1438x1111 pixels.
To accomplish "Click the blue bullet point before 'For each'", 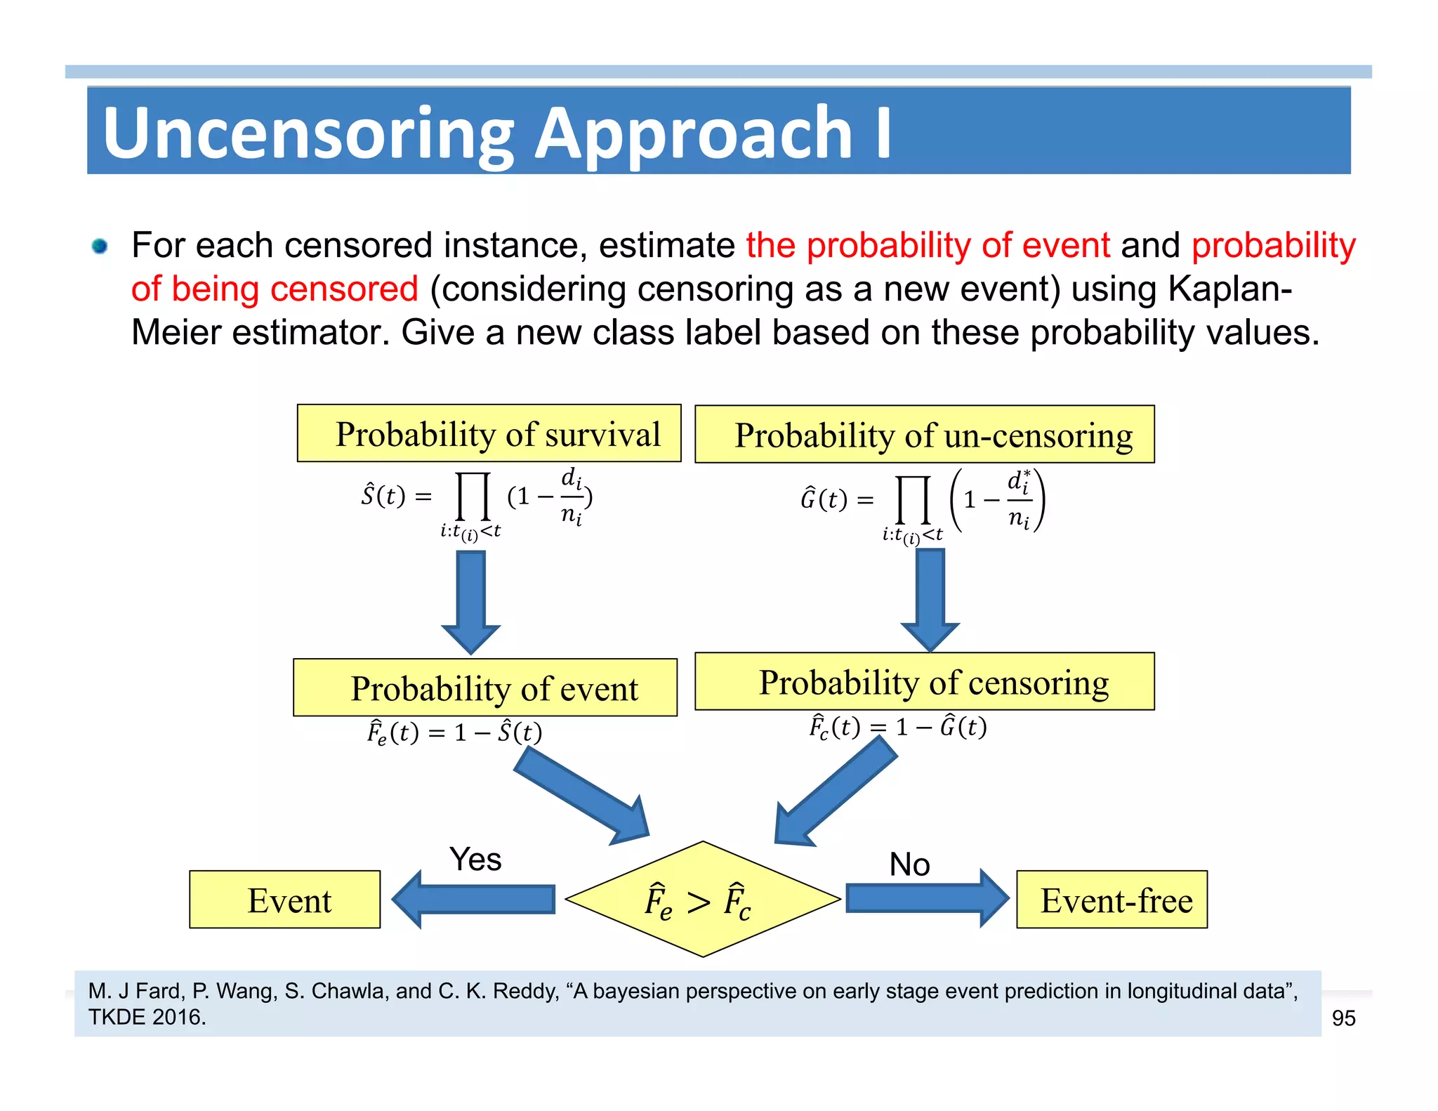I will point(100,246).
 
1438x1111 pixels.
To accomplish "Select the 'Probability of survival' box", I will point(489,433).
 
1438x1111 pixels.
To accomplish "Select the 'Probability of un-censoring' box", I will point(924,435).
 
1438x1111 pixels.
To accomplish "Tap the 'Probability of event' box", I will point(485,688).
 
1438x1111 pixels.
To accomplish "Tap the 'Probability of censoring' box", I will point(924,682).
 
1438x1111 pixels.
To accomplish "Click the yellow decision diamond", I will point(702,900).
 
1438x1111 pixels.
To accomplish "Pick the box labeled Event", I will point(284,900).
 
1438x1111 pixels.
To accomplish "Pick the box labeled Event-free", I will point(1112,900).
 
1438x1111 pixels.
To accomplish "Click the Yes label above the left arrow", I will point(475,859).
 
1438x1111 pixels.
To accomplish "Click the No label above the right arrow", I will point(909,864).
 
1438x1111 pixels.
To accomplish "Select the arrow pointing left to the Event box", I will point(474,900).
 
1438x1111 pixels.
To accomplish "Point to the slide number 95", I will point(1343,1018).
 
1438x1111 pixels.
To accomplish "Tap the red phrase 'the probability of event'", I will point(928,246).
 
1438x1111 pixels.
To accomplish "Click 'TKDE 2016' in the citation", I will point(147,1017).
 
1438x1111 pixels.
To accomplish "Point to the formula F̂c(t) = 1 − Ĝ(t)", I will point(898,726).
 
